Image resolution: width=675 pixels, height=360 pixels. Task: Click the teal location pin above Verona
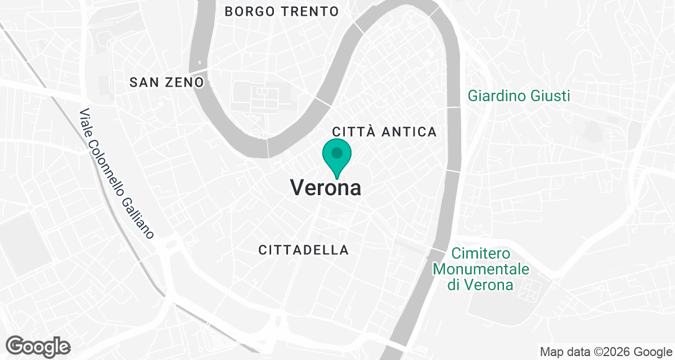(337, 157)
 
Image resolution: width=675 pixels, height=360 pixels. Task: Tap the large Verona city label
(326, 188)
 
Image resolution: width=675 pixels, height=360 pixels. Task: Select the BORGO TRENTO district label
(281, 11)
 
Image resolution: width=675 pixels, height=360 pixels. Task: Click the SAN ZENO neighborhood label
(166, 83)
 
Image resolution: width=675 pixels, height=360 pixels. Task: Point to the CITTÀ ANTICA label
(384, 132)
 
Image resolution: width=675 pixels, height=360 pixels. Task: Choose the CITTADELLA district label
(304, 250)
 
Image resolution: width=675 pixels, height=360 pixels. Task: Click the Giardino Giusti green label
(519, 96)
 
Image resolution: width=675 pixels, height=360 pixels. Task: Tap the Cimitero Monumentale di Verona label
(481, 269)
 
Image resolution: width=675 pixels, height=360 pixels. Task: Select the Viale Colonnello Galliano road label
(116, 173)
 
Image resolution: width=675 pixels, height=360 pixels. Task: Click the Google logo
(38, 346)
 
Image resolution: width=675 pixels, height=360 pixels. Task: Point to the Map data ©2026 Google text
(606, 352)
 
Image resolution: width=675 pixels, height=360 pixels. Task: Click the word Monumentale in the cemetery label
(481, 269)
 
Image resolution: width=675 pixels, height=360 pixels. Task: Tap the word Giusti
(550, 96)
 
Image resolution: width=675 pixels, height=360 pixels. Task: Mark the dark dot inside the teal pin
(337, 152)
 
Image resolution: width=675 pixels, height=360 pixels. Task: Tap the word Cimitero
(481, 254)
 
